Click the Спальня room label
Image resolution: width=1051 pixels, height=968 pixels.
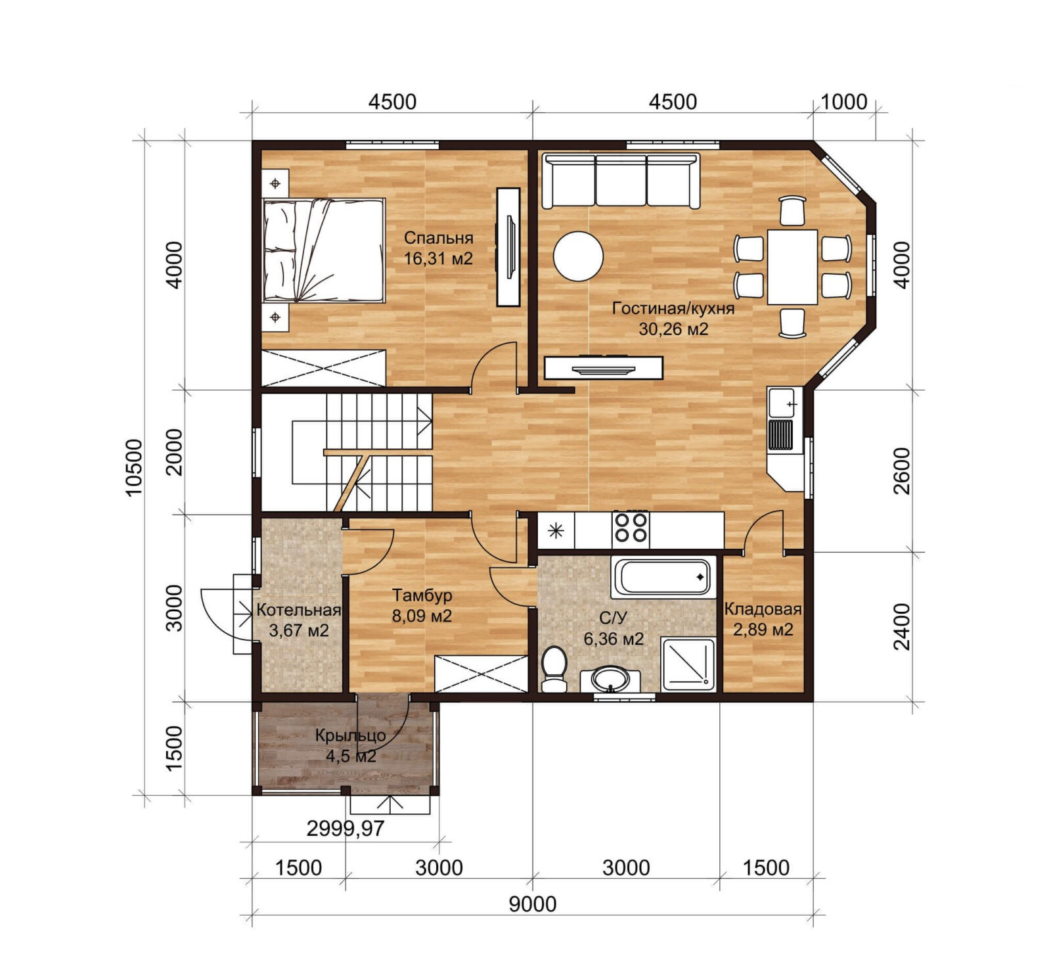pos(438,237)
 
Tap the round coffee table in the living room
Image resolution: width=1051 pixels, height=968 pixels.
pos(578,256)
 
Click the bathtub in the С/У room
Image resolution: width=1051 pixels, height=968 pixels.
pos(663,578)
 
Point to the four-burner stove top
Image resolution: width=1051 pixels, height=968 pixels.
pos(631,530)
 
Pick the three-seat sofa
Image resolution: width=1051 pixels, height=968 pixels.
pos(621,181)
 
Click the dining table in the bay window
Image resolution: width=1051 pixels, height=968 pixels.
pos(792,267)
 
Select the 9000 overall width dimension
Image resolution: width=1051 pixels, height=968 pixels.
pos(533,904)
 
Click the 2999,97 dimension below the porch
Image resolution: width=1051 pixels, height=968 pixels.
pos(346,828)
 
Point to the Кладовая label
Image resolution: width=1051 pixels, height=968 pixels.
pos(763,609)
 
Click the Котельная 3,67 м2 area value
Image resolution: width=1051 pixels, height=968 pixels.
pos(299,631)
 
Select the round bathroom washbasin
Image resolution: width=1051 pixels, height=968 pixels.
pos(611,678)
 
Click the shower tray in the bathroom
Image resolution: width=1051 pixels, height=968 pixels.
pos(688,664)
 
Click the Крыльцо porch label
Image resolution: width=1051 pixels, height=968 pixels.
pos(350,735)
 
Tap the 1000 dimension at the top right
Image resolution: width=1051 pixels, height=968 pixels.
pos(844,102)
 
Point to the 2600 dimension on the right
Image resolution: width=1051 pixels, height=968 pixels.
pos(903,471)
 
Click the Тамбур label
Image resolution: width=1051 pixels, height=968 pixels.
pos(422,595)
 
